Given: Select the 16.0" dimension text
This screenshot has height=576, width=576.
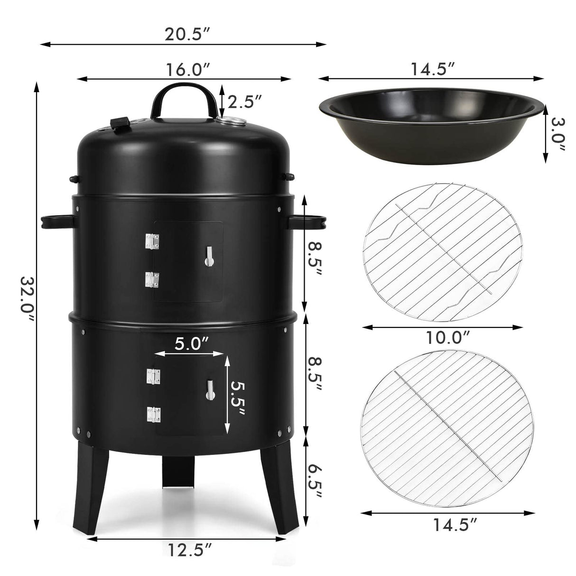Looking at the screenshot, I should (188, 70).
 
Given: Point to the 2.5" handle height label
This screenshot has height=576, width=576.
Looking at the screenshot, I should (244, 101).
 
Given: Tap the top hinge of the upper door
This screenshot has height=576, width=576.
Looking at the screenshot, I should (151, 242).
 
